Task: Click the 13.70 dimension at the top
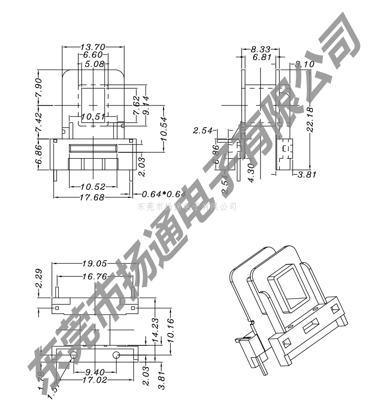pos(93,47)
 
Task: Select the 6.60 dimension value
pos(93,55)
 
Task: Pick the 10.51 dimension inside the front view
pos(93,117)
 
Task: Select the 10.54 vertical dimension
pos(164,129)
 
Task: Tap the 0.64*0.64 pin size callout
pos(163,194)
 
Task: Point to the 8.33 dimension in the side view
pos(260,49)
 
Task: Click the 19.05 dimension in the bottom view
pos(94,264)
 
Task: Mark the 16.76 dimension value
pos(94,277)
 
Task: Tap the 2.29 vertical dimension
pos(39,278)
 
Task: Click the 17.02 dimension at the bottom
pos(94,380)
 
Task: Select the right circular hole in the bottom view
pos(116,355)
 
